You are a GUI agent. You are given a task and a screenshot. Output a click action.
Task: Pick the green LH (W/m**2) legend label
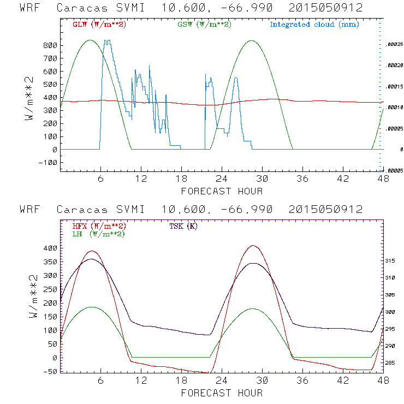click(x=98, y=234)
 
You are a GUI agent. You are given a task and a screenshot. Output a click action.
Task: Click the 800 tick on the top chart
click(x=50, y=45)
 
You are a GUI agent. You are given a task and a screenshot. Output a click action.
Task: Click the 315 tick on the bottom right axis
click(x=391, y=262)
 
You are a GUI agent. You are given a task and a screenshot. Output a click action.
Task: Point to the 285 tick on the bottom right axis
click(x=391, y=363)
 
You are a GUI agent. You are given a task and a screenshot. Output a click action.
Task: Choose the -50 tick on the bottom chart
click(x=50, y=371)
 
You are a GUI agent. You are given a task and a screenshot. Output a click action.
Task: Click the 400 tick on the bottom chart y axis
click(x=50, y=248)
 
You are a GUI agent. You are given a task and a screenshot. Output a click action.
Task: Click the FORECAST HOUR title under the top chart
click(x=222, y=191)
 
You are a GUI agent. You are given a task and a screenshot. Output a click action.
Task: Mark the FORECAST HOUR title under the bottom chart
click(x=222, y=393)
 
